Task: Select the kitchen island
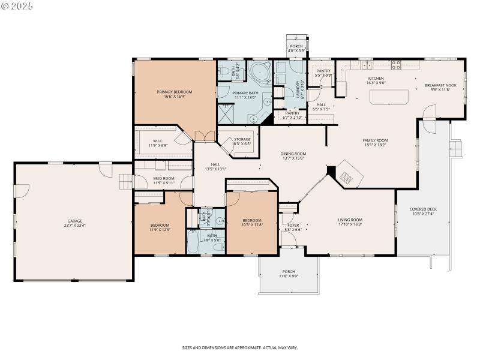pyautogui.click(x=388, y=96)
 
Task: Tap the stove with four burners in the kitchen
pyautogui.click(x=396, y=64)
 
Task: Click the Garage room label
pyautogui.click(x=74, y=221)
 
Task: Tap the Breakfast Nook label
pyautogui.click(x=440, y=85)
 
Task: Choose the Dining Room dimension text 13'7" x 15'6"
pyautogui.click(x=293, y=158)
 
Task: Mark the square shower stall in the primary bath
pyautogui.click(x=226, y=112)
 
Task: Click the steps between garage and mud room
pyautogui.click(x=125, y=181)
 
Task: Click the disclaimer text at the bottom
pyautogui.click(x=240, y=347)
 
